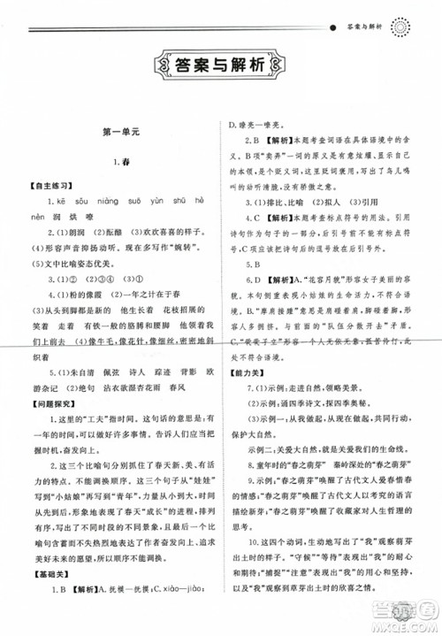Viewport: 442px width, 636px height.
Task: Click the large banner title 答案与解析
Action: [220, 64]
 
